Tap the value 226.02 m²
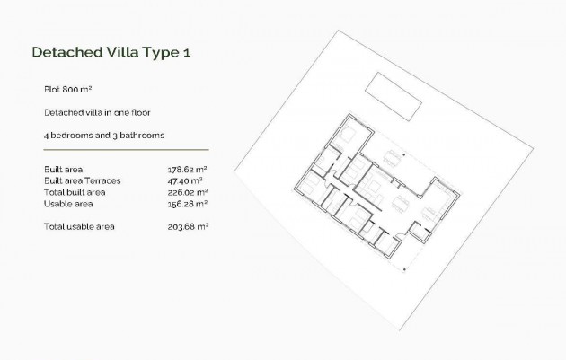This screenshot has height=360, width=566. pyautogui.click(x=188, y=192)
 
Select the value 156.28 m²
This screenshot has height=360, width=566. pyautogui.click(x=188, y=204)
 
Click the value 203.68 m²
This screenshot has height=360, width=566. pyautogui.click(x=188, y=226)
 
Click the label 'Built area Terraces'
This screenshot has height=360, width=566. pyautogui.click(x=82, y=180)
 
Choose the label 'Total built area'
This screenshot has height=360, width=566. pyautogui.click(x=75, y=192)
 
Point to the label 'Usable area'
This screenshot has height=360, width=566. pyautogui.click(x=66, y=204)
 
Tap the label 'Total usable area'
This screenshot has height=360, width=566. pyautogui.click(x=79, y=226)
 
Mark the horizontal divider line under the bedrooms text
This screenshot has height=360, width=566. pyautogui.click(x=125, y=150)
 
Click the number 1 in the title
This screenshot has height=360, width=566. pyautogui.click(x=185, y=53)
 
